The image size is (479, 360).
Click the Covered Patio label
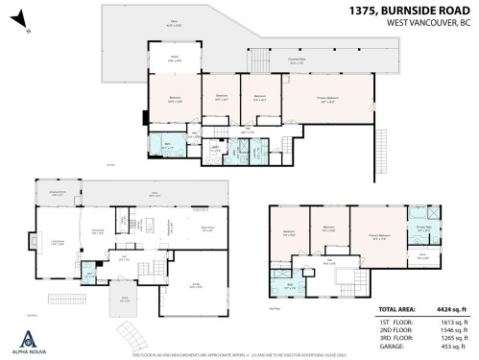pyautogui.click(x=298, y=60)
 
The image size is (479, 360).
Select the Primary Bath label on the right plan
pyautogui.click(x=423, y=227)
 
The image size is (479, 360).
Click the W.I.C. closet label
pyautogui.click(x=423, y=256)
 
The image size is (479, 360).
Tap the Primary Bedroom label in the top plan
pyautogui.click(x=326, y=99)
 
